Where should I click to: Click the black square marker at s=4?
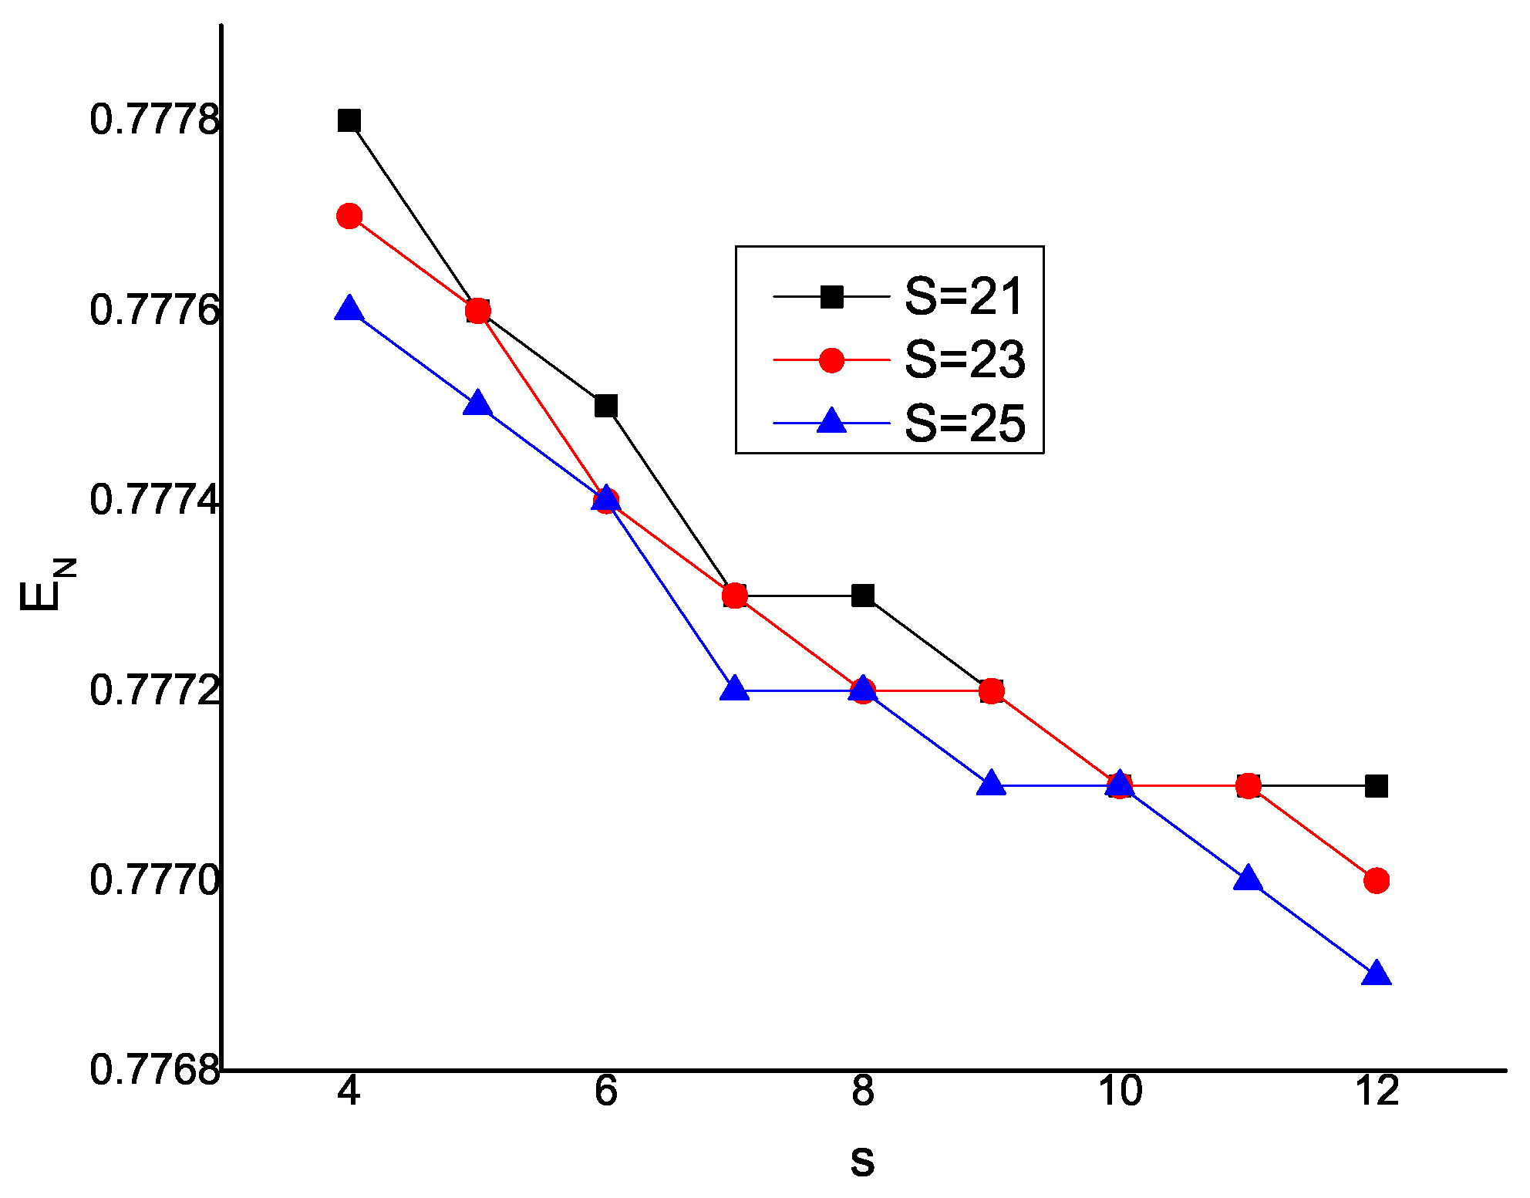click(349, 120)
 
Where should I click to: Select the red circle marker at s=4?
click(349, 216)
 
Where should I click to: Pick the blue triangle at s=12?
click(1377, 975)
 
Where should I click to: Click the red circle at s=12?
click(1377, 880)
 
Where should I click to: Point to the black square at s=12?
click(1377, 786)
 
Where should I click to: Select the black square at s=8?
click(863, 596)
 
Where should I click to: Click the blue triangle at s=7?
click(734, 689)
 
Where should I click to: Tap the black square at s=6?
click(606, 406)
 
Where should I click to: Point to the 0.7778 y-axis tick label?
click(154, 120)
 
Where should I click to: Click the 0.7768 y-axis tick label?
click(154, 1070)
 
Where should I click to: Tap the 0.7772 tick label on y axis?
click(154, 690)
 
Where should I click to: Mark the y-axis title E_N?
click(46, 586)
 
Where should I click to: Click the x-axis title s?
click(862, 1162)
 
